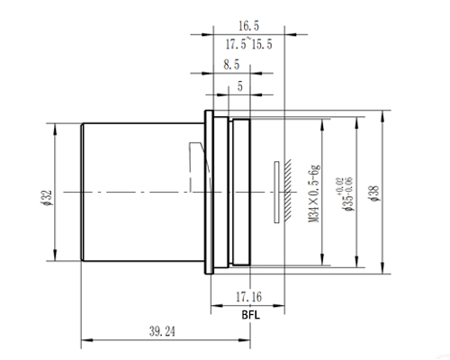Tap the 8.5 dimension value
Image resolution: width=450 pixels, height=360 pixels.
pos(229,66)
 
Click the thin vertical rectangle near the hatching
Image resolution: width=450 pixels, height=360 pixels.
pos(275,191)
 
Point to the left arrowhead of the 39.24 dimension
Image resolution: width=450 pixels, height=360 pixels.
pos(85,340)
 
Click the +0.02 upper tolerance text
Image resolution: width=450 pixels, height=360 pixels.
pos(339,181)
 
